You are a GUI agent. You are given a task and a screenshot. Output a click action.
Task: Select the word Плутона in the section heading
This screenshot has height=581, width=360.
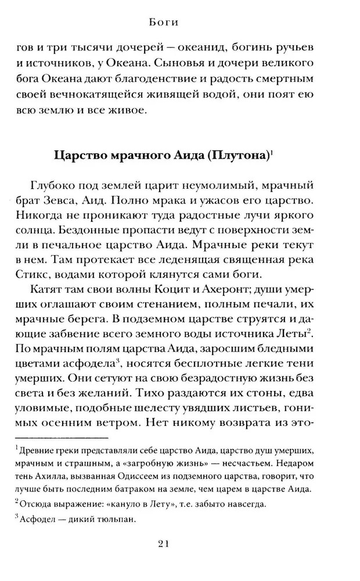(x=237, y=156)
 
